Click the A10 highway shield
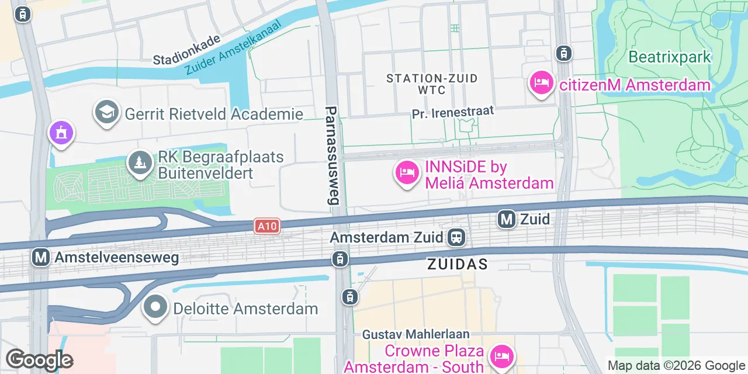tap(267, 226)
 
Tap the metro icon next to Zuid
tap(507, 219)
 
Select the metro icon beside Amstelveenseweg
tap(40, 257)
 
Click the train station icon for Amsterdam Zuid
tap(456, 238)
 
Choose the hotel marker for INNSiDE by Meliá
tap(407, 172)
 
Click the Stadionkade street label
tap(187, 50)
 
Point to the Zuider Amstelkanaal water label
tap(233, 48)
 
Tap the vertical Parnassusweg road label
tap(332, 155)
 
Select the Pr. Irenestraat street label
tap(453, 112)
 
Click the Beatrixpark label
tap(670, 57)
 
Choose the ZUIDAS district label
tap(457, 264)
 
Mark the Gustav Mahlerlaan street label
tap(416, 334)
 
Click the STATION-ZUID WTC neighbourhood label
tap(432, 84)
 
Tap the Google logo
tap(39, 360)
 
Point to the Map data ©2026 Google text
tap(676, 366)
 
